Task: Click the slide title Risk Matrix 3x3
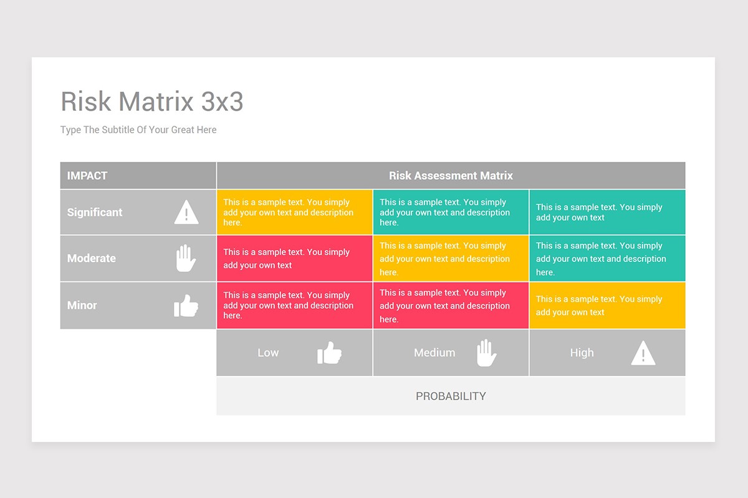(152, 101)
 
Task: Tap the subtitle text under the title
(138, 130)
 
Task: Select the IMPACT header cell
(87, 176)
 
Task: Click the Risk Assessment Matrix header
(451, 176)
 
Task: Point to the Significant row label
(95, 212)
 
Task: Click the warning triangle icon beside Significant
(186, 212)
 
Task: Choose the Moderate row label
(92, 258)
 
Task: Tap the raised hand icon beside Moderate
(186, 258)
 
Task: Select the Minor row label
(82, 306)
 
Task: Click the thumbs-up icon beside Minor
(186, 306)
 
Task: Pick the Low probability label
(268, 353)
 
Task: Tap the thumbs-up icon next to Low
(329, 353)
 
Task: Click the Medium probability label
(434, 353)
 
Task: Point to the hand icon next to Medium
(486, 353)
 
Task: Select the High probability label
(582, 353)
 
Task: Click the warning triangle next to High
(643, 353)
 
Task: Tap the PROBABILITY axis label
(451, 396)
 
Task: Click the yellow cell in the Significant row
(294, 212)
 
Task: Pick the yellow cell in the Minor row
(607, 306)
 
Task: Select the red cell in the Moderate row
(294, 258)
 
